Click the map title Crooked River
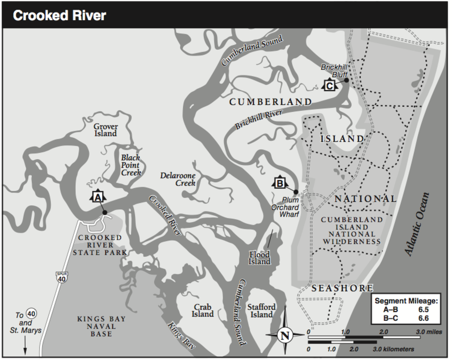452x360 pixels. click(x=60, y=16)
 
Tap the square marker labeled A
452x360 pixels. click(x=97, y=197)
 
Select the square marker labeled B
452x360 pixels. click(x=279, y=183)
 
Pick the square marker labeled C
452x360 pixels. click(x=329, y=86)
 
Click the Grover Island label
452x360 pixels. click(x=105, y=130)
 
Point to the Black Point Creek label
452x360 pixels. click(x=131, y=165)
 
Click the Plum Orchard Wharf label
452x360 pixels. click(x=286, y=207)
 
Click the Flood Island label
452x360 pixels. click(x=259, y=258)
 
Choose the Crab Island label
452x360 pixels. click(x=203, y=310)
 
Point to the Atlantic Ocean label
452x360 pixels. click(x=418, y=225)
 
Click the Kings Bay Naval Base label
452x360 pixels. click(x=101, y=326)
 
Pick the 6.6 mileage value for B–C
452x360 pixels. click(x=423, y=319)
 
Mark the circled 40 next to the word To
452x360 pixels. click(x=32, y=314)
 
